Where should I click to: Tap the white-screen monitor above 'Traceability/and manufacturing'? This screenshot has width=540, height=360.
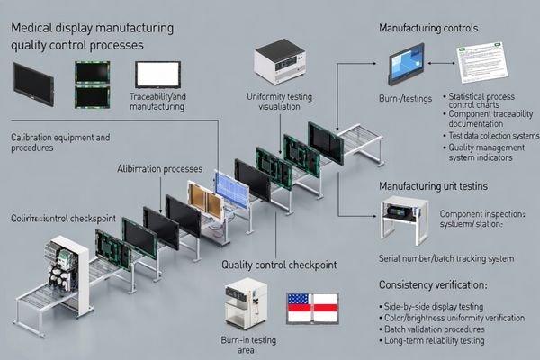[157, 74]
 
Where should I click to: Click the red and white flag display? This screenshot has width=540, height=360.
[311, 309]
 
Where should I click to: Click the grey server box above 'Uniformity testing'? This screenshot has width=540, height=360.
[281, 63]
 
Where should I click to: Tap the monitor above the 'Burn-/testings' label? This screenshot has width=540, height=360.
[406, 64]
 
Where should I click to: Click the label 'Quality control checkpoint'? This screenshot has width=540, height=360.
[278, 265]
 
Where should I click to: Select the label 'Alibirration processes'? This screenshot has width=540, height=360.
[159, 168]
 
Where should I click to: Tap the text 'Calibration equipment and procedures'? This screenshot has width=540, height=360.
[60, 143]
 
